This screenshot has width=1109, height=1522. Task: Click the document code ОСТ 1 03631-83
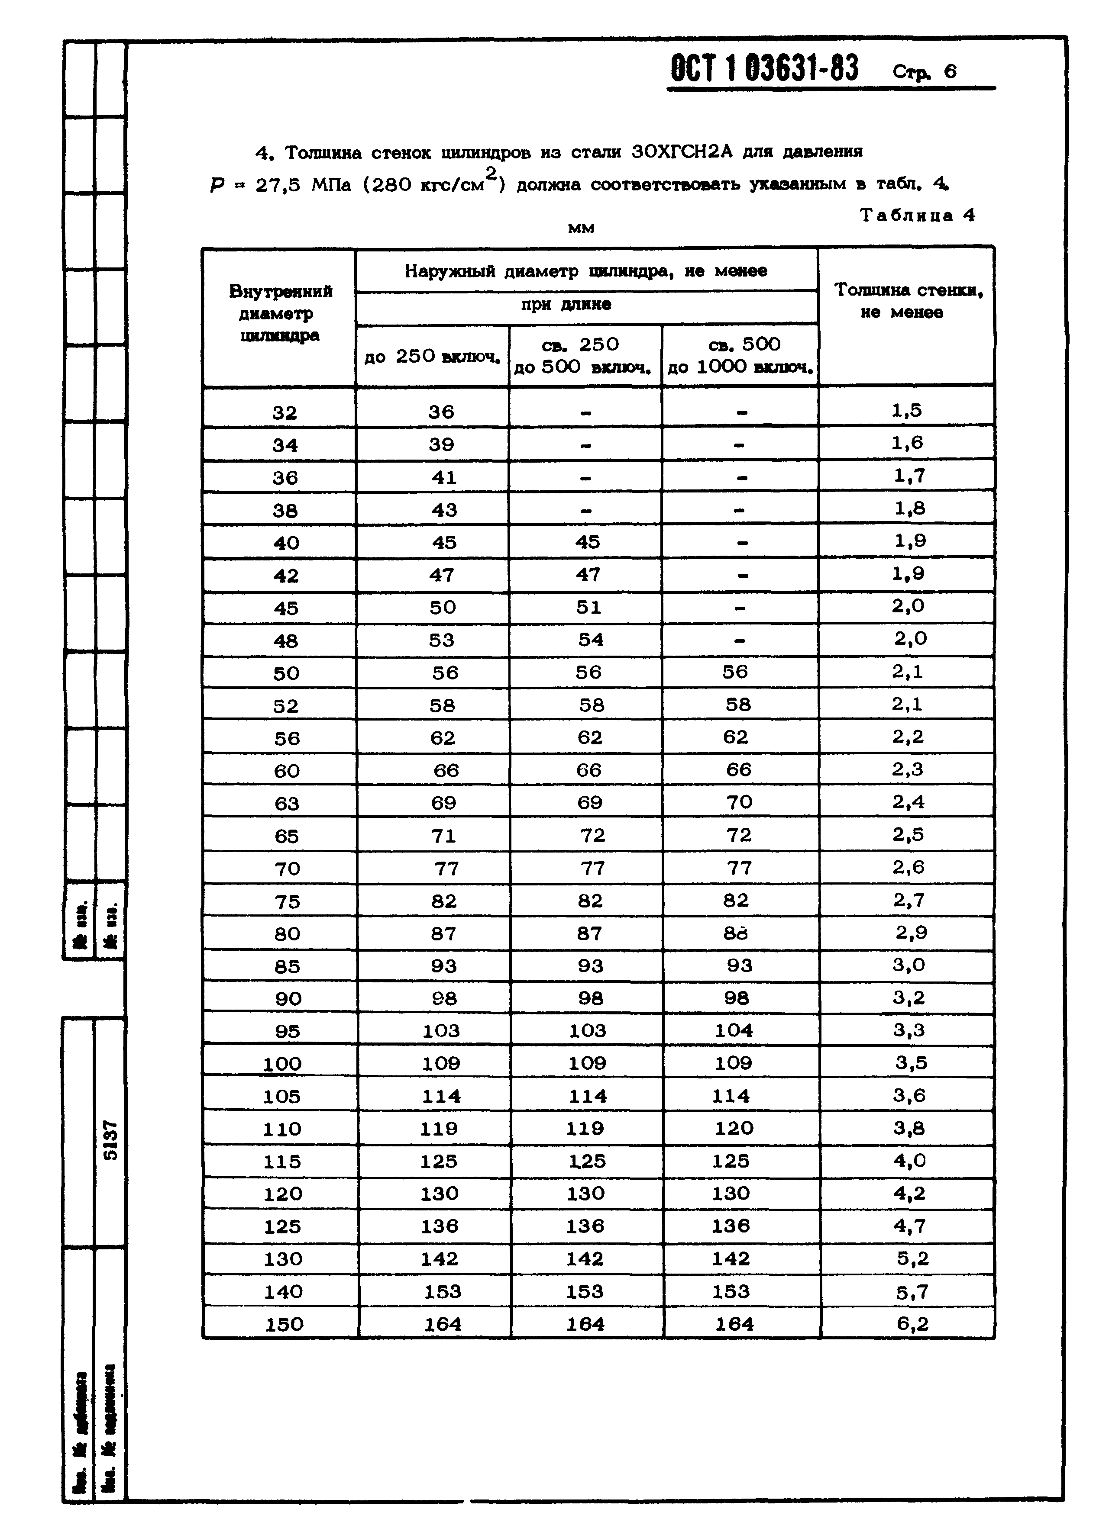(x=764, y=69)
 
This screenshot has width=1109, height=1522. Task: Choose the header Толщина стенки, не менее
(x=908, y=301)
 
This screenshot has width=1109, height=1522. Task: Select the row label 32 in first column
(x=285, y=412)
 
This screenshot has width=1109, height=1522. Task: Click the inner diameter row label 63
(x=287, y=803)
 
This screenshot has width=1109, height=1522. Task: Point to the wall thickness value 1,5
(x=907, y=410)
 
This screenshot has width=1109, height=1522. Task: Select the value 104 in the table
(x=734, y=1030)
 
